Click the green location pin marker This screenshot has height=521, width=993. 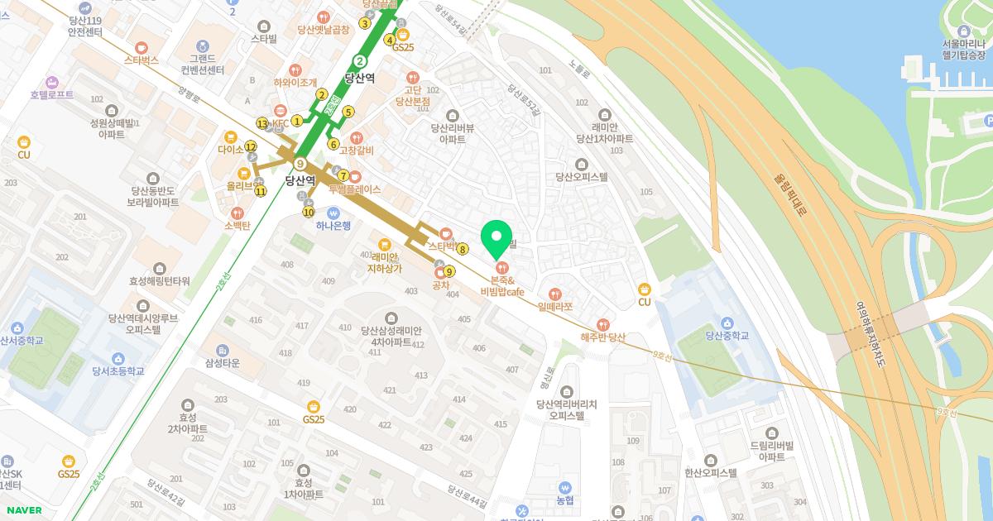tap(496, 238)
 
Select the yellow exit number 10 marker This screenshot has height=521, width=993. tap(309, 212)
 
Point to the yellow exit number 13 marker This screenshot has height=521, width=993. tap(262, 123)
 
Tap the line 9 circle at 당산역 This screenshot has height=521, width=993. tap(301, 164)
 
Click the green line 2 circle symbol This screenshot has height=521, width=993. tap(360, 60)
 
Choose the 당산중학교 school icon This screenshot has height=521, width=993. tap(727, 322)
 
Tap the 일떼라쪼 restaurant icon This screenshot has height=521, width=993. tap(555, 293)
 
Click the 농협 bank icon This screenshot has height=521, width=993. tap(565, 487)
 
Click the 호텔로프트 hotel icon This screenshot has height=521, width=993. tap(52, 82)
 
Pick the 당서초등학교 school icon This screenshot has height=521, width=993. tap(118, 358)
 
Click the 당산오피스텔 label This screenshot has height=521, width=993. tap(582, 176)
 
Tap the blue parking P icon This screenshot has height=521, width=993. tap(986, 122)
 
